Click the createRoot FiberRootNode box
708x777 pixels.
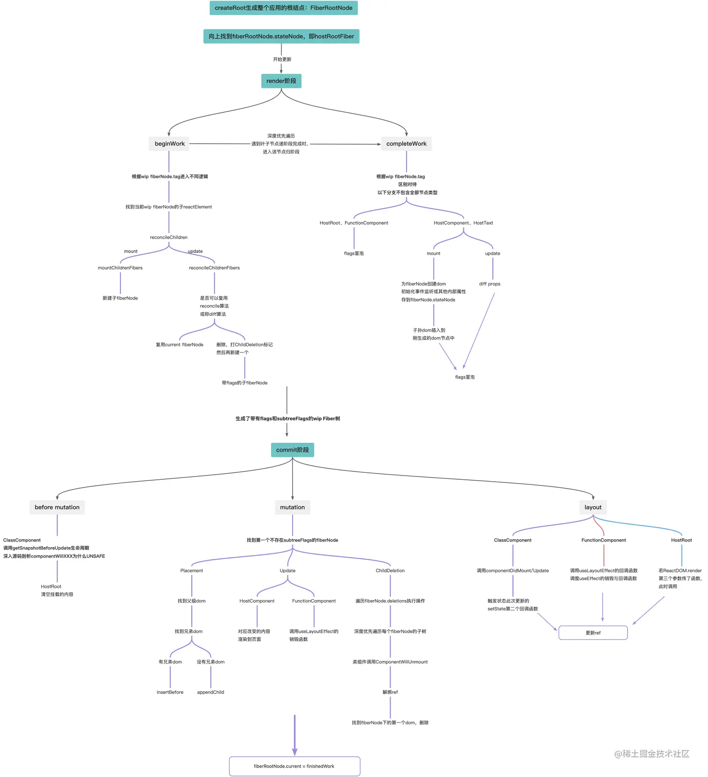click(x=283, y=8)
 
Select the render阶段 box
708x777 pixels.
click(x=281, y=81)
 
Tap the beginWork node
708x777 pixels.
click(x=170, y=144)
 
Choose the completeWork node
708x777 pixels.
click(x=406, y=144)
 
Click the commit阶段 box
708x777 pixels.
click(x=292, y=450)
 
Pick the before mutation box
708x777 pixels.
click(x=57, y=507)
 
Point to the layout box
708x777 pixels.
click(x=593, y=507)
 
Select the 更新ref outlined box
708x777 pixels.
click(x=593, y=633)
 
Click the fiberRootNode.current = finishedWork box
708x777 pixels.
click(x=294, y=766)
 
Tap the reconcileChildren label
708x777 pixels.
click(x=169, y=237)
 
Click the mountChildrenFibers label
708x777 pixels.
click(x=120, y=268)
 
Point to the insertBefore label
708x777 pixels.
click(x=170, y=692)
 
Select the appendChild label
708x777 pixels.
click(x=210, y=692)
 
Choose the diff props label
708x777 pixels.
click(x=489, y=284)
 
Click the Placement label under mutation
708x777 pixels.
click(x=192, y=571)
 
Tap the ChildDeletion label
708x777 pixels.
click(x=390, y=571)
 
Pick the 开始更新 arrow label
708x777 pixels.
click(x=282, y=59)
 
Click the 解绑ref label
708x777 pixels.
click(x=390, y=692)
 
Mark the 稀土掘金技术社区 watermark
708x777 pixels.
click(x=652, y=754)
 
